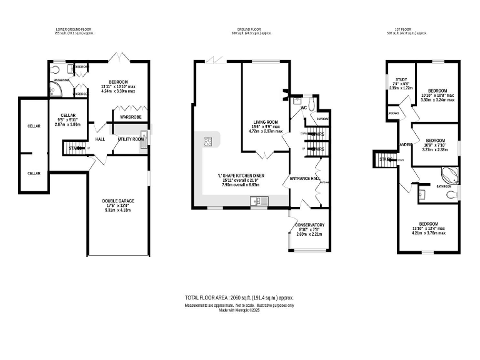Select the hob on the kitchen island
tap(207, 142)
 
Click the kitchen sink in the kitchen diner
tap(257, 201)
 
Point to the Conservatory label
tap(309, 225)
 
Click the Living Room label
tap(265, 122)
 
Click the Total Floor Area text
tap(239, 298)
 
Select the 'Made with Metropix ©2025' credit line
tap(239, 310)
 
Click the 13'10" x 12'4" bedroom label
tap(429, 224)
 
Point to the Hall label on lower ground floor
tap(100, 139)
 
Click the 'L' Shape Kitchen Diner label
tap(241, 176)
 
